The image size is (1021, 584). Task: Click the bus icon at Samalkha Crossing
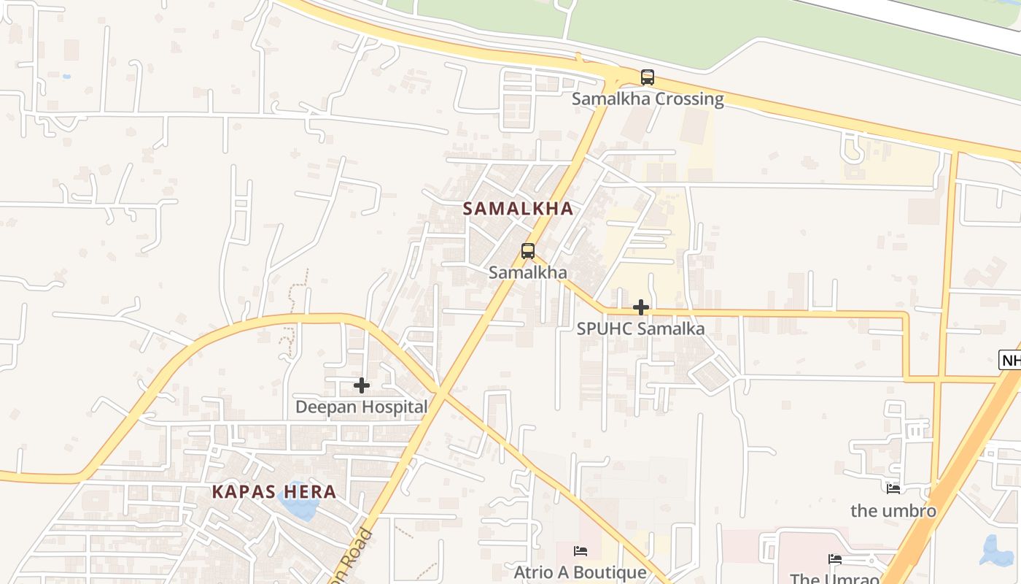(647, 77)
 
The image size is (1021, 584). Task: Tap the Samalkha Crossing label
(648, 99)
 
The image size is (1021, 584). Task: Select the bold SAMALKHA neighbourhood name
(518, 209)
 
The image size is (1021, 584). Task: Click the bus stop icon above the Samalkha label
(528, 251)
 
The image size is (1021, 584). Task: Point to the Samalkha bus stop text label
(527, 272)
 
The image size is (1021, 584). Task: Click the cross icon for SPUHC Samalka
(641, 307)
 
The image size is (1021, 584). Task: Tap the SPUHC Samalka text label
(640, 328)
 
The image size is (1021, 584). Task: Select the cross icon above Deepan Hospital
(361, 385)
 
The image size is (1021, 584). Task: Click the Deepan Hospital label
(361, 407)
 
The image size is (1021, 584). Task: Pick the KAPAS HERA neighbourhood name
(274, 491)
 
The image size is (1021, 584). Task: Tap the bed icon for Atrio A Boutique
(581, 550)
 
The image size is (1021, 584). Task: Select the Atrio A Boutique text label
(580, 572)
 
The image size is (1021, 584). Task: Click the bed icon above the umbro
(893, 488)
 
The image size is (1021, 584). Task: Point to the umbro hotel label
(893, 510)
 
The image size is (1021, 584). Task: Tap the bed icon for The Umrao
(835, 559)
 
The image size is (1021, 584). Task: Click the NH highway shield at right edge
(1011, 360)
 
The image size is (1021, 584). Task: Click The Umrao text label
(835, 578)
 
